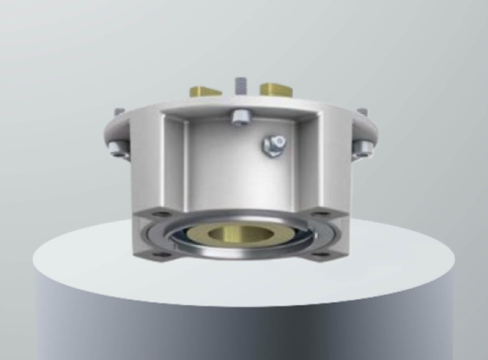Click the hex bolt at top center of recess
[239, 119]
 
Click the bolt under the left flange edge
[119, 148]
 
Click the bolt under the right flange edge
[363, 148]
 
